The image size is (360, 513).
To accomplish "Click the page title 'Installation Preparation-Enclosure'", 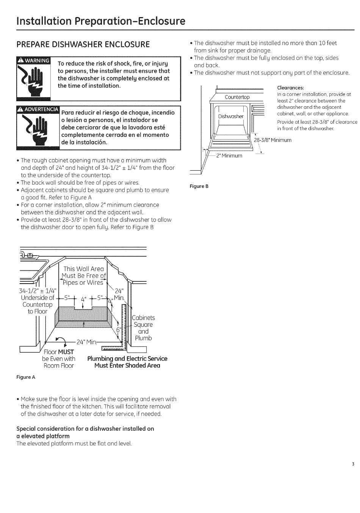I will tap(101, 20).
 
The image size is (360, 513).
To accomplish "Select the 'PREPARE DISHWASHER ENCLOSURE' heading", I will tap(83, 44).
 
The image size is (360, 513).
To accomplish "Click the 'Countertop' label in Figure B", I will tap(237, 97).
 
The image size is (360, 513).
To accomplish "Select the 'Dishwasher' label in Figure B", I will tap(231, 116).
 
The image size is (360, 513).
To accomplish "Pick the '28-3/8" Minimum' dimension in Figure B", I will tap(273, 140).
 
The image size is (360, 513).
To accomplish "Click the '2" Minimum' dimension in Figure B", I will tap(229, 155).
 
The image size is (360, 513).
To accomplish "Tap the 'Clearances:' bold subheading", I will tap(291, 88).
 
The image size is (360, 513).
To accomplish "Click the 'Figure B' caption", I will tap(199, 186).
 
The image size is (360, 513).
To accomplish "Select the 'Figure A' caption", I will tap(26, 377).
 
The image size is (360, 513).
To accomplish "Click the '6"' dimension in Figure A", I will tap(118, 330).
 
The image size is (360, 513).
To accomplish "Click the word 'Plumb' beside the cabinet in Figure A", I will tap(143, 338).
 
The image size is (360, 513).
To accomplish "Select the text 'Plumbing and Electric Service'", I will tap(127, 359).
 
